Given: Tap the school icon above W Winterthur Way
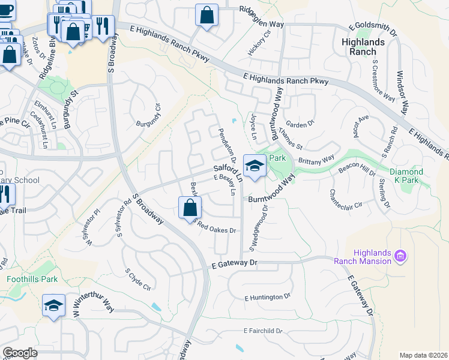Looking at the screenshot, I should [x=53, y=305].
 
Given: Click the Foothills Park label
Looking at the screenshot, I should [x=32, y=279].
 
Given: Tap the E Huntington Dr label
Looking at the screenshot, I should [x=267, y=297].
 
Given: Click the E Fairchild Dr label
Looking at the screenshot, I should [x=263, y=331].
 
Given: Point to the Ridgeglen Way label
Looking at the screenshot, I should [x=261, y=9].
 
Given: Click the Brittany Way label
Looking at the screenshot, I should [x=316, y=161].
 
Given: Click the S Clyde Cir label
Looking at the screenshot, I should [x=138, y=279].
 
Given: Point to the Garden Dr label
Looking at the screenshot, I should [x=300, y=124].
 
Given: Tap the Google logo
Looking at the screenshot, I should [x=20, y=353].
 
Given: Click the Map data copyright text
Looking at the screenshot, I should [x=423, y=355].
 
